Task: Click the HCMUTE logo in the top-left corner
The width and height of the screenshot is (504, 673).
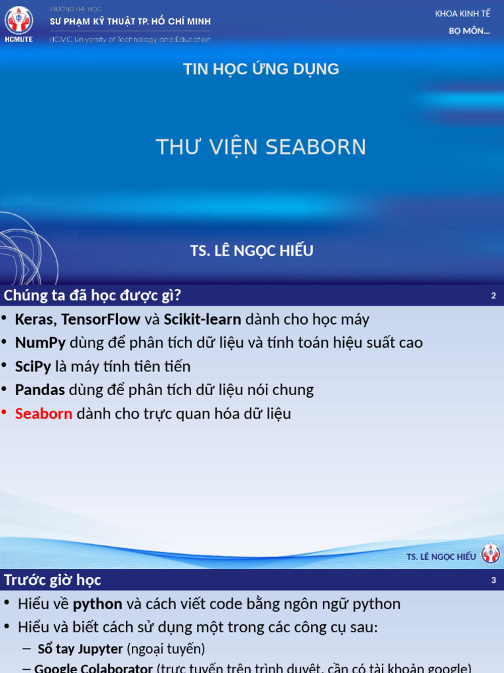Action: coord(18,24)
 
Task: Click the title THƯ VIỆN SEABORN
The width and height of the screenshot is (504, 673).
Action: coord(261,147)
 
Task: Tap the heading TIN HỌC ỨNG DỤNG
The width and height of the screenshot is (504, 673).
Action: coord(261,69)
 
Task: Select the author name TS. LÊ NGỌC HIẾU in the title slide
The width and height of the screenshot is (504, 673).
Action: coord(252,250)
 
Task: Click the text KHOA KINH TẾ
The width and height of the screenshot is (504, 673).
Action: coord(463,14)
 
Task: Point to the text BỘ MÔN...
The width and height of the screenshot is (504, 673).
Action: coord(469,32)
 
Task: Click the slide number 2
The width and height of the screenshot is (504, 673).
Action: coord(493,296)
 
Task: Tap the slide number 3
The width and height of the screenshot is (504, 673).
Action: coord(493,580)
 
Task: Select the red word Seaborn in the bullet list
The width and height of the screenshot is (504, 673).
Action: coord(43,414)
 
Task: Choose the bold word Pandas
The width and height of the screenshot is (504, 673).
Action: coord(40,390)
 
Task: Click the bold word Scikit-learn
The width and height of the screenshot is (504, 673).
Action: coord(202,319)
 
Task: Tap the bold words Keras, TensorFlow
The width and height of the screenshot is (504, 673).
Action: coord(77,319)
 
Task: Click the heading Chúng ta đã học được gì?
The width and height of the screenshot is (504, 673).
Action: coord(93,295)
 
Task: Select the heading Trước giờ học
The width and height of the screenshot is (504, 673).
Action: coord(52,580)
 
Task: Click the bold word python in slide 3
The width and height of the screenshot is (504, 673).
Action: coord(97,604)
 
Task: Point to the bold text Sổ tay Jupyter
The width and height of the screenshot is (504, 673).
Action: coord(80,649)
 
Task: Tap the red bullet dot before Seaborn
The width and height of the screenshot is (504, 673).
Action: coord(4,413)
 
